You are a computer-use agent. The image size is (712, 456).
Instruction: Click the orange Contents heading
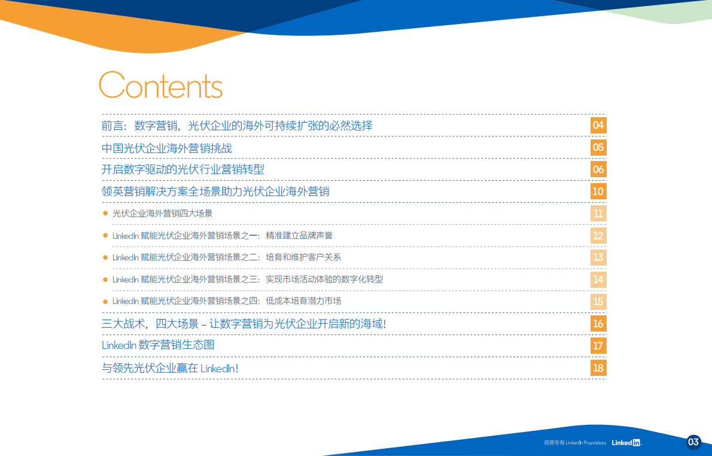coord(160,86)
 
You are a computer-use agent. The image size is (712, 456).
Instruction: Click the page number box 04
coord(598,125)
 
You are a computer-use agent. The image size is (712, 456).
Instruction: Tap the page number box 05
coord(598,147)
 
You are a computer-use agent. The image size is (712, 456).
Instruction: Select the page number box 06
coord(598,169)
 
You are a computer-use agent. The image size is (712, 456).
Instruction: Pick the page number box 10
coord(598,191)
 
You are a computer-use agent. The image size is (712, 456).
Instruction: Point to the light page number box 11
coord(598,214)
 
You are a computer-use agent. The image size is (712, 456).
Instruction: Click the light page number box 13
coord(598,257)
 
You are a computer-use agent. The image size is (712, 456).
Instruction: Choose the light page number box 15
coord(598,302)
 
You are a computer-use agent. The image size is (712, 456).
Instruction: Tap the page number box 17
coord(598,346)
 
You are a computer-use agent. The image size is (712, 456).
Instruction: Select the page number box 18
coord(598,368)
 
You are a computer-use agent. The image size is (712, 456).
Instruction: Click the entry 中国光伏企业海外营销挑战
coord(166,148)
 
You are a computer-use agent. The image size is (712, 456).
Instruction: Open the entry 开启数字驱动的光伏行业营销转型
coord(182,170)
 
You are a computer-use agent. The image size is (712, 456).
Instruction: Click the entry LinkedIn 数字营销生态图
coord(158,345)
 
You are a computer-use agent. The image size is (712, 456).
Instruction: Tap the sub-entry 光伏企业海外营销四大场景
coord(162,214)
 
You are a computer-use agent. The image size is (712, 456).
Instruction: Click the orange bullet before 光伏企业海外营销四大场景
coord(105,213)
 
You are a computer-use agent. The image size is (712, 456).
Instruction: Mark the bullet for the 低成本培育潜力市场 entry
coord(105,301)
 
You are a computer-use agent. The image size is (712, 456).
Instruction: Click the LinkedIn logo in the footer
coord(626,443)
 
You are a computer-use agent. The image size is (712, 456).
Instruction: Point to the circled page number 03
coord(693,442)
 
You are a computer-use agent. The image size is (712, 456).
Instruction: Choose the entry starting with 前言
coord(237,126)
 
